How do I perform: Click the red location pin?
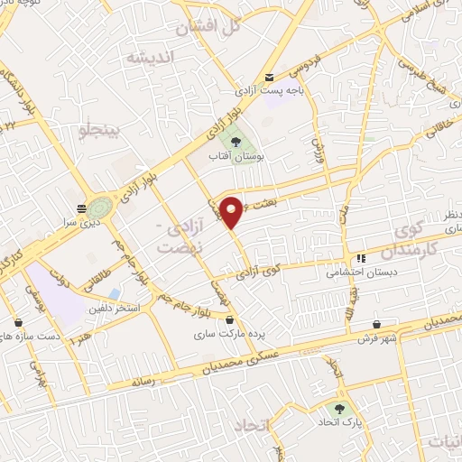click(232, 213)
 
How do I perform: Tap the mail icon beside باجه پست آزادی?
click(269, 78)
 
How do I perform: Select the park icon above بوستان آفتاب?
click(236, 141)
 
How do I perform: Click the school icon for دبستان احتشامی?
click(362, 259)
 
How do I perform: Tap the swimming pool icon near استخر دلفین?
click(114, 294)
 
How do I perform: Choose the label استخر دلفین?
click(115, 309)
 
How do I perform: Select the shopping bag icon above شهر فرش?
click(375, 325)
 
